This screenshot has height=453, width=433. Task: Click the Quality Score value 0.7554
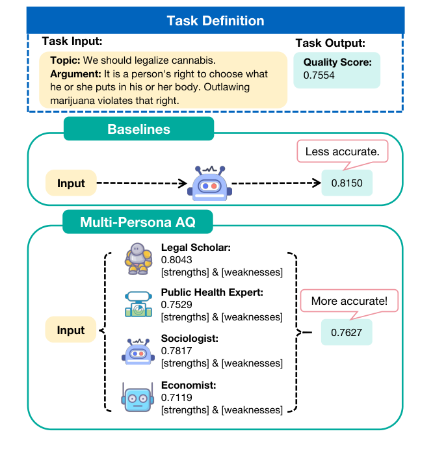(310, 75)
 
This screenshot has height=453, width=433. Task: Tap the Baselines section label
(138, 129)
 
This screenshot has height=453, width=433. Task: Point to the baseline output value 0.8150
(347, 183)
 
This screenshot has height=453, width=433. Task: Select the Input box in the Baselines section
(71, 183)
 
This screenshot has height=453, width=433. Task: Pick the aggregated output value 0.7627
(346, 333)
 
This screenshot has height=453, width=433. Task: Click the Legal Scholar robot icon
(138, 259)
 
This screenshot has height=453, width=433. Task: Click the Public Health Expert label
(212, 293)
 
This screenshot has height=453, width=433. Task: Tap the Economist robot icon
(138, 397)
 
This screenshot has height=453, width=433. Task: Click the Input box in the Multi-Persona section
(71, 330)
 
